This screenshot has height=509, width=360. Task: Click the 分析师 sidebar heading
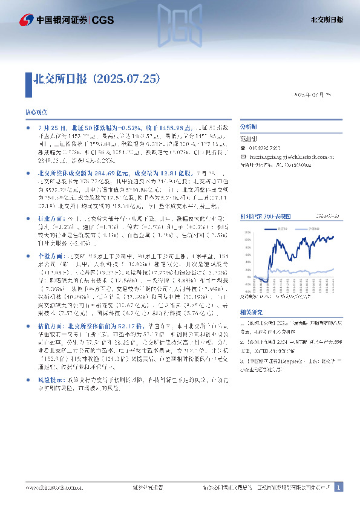pos(249,127)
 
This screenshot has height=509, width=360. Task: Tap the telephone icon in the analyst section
pos(243,149)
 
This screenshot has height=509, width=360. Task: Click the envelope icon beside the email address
pos(243,155)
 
